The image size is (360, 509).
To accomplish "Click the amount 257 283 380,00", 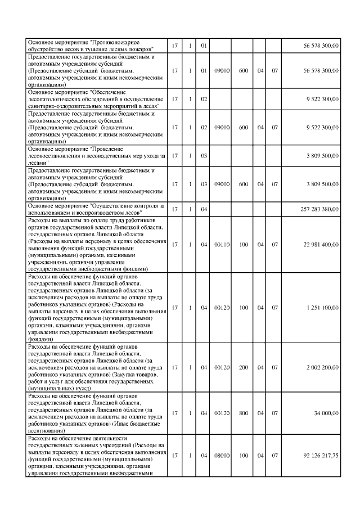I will click(x=319, y=209).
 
